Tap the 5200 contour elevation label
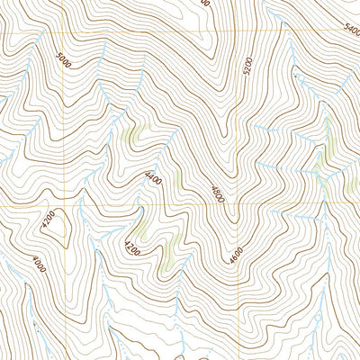247,67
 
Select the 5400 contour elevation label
351,30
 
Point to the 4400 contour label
152,180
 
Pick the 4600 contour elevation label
236,256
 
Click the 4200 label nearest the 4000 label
49,219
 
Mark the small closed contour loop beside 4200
56,229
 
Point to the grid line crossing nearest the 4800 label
240,206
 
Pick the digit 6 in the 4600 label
235,258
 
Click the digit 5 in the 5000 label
56,55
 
